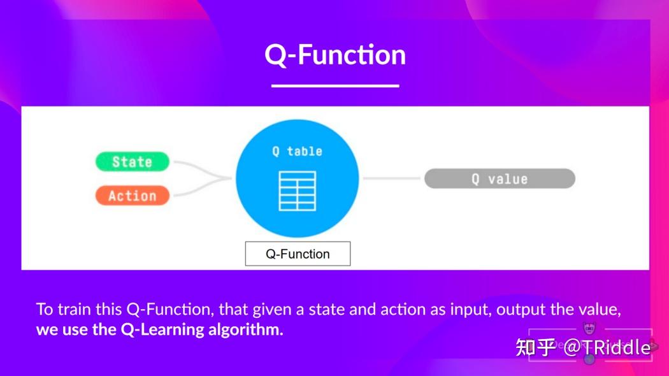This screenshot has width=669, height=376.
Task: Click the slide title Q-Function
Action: click(x=335, y=55)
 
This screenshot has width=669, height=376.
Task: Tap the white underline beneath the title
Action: click(x=335, y=85)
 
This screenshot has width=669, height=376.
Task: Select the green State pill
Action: click(x=132, y=162)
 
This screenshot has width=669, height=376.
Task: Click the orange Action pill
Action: click(x=132, y=196)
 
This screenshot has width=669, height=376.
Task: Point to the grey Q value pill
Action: click(x=500, y=179)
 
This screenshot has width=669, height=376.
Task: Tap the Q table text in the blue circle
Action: click(x=297, y=152)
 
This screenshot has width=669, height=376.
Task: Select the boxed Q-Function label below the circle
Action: click(x=298, y=254)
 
